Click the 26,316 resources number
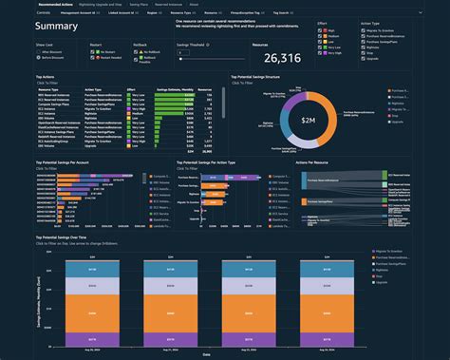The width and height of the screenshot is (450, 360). [276, 57]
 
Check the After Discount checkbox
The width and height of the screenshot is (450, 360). [40, 51]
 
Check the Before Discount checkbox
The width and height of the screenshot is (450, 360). [40, 58]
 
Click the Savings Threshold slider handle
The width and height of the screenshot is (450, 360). [180, 58]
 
